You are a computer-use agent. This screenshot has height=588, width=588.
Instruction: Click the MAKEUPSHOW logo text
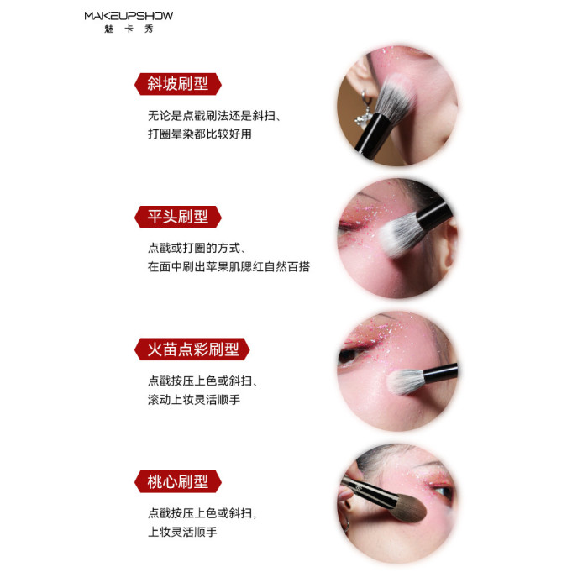129,16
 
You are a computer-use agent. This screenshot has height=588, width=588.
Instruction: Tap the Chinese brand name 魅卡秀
129,29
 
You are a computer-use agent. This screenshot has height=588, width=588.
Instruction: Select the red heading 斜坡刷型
178,84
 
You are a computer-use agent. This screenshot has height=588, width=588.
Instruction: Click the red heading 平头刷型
178,217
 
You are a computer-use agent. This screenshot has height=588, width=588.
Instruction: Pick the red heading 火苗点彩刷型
192,349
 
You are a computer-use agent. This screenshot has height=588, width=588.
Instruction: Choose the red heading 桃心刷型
178,481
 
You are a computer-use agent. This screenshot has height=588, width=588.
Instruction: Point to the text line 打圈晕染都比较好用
200,134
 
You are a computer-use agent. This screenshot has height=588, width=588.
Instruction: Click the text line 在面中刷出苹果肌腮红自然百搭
228,266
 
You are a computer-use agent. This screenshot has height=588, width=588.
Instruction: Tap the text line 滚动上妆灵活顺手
194,399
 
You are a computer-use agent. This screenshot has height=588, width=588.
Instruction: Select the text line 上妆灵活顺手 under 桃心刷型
182,532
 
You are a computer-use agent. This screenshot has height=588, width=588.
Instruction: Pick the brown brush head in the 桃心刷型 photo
407,507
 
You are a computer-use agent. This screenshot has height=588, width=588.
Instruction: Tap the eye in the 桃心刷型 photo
444,491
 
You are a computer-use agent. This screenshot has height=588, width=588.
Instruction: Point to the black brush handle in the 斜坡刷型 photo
371,135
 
